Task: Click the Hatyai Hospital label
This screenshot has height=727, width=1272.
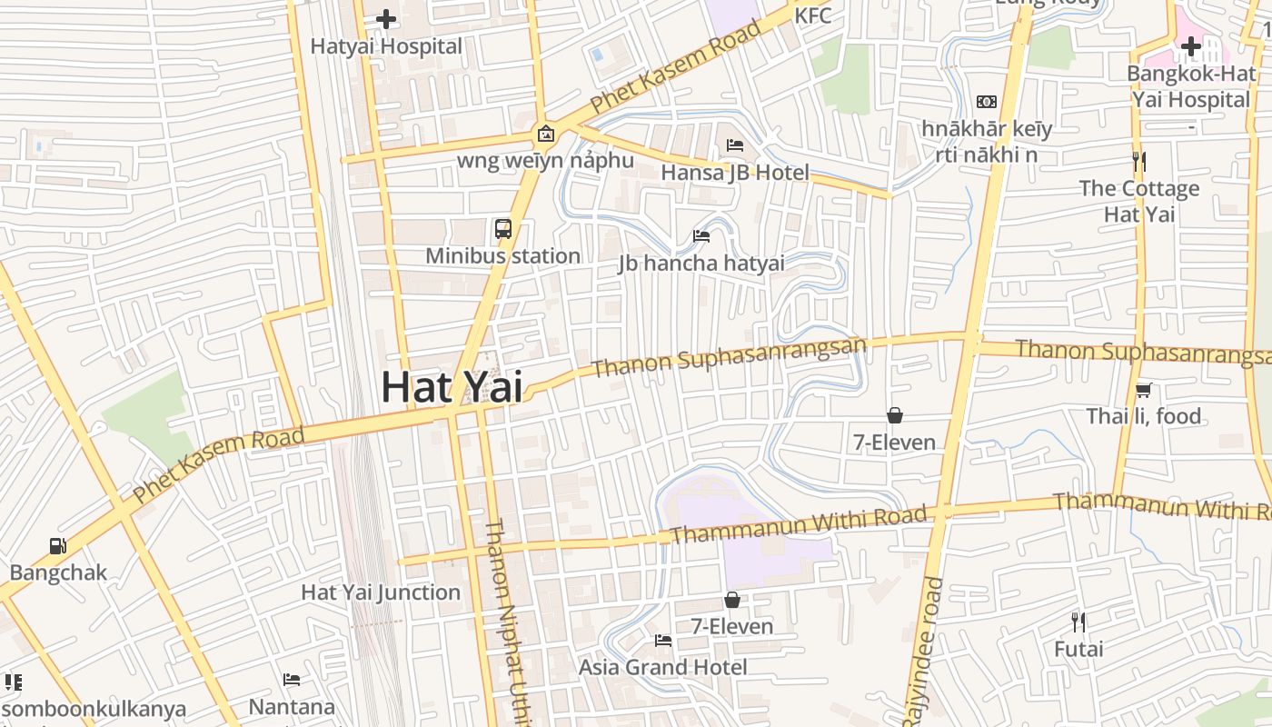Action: (x=386, y=46)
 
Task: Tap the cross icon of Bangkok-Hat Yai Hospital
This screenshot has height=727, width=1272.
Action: (x=1190, y=45)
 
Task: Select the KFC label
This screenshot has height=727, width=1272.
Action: (x=812, y=15)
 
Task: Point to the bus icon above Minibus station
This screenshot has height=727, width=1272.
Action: (x=503, y=229)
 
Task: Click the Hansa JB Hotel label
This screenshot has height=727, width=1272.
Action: (x=735, y=172)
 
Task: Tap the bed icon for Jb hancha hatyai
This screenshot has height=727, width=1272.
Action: (x=701, y=236)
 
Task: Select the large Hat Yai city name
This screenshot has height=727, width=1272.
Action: (x=452, y=386)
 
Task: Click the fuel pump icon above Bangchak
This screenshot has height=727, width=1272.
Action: (x=58, y=546)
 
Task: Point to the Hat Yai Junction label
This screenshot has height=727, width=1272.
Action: (x=381, y=593)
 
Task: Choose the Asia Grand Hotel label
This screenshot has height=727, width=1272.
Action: (x=663, y=667)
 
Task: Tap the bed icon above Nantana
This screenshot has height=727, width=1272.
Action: (x=292, y=680)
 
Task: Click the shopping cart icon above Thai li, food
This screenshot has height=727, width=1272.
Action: (x=1143, y=391)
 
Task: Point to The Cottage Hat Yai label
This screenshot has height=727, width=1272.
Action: (x=1139, y=202)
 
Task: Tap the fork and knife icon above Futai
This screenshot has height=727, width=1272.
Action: (x=1078, y=622)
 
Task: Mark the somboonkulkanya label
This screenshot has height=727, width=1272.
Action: (x=94, y=710)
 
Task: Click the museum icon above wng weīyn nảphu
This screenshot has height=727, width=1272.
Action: (x=545, y=134)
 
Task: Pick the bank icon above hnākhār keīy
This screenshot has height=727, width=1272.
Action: (x=986, y=102)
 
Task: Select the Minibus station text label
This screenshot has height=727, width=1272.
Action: (x=503, y=256)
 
